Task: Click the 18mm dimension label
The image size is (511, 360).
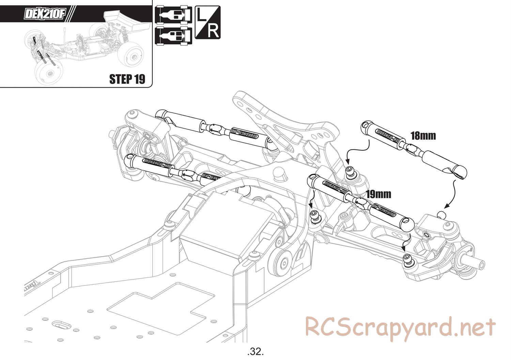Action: click(423, 136)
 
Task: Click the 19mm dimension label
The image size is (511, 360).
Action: click(378, 194)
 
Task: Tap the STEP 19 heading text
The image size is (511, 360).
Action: click(127, 79)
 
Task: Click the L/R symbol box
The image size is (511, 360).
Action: click(207, 22)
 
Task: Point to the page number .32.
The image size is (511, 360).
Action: click(255, 351)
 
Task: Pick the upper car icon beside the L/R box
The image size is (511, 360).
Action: click(173, 15)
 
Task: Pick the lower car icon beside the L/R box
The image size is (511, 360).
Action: click(173, 35)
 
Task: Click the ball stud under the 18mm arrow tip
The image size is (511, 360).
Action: click(350, 171)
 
